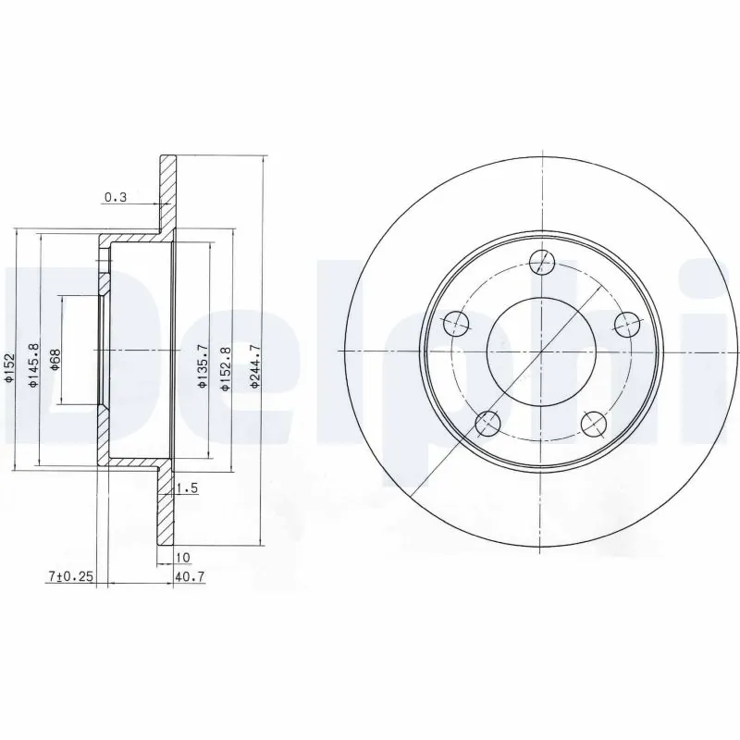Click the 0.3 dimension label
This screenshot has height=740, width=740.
coord(116,197)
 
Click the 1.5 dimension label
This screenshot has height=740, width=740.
coord(188,487)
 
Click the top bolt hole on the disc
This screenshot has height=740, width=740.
coord(542,261)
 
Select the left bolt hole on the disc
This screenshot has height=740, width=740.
coord(456,324)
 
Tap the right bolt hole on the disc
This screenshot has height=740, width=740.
coord(627,324)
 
